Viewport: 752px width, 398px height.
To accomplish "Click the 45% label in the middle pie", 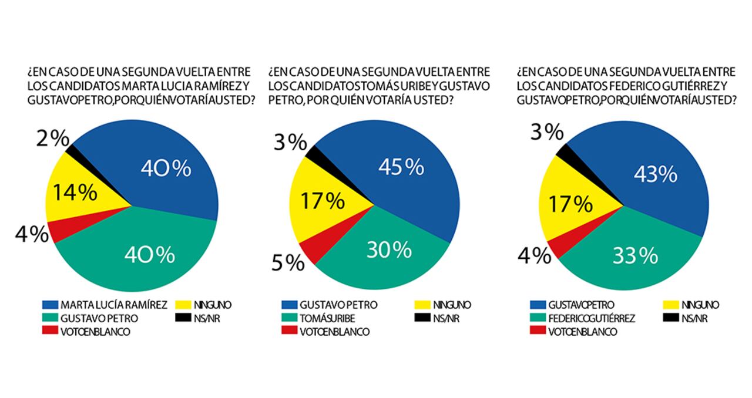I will coord(401,168).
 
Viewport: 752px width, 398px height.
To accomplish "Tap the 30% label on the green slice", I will coord(389,250).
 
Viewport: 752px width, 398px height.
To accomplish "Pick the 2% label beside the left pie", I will coord(53,139).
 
